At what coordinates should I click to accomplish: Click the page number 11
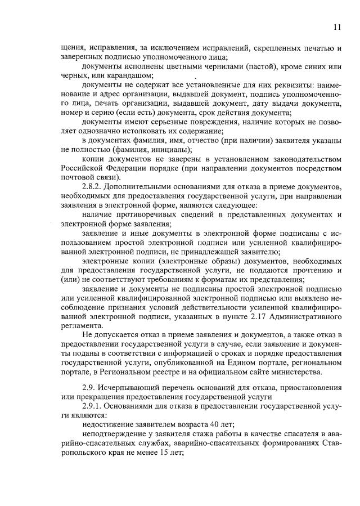336,26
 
